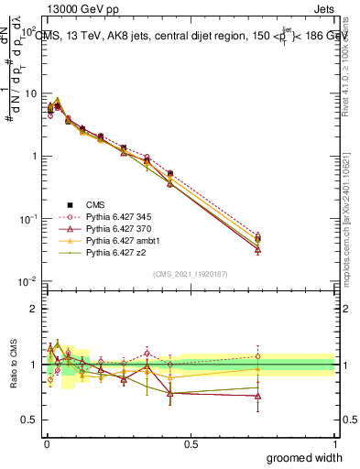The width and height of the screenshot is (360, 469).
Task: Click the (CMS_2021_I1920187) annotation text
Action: pos(191,272)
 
